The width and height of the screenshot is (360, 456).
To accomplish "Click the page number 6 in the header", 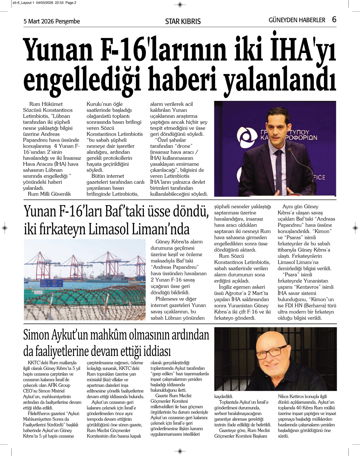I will (x=334, y=20).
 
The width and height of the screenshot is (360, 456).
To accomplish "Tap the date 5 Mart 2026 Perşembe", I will (x=52, y=21).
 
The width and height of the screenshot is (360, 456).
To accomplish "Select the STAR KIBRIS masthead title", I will (x=183, y=22).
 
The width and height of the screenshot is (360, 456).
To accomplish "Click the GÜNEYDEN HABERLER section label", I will (x=297, y=20).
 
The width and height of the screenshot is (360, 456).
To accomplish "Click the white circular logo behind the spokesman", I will (x=247, y=136).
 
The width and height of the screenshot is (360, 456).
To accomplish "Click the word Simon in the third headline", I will (x=36, y=335).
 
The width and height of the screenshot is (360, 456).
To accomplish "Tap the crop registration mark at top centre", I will (x=180, y=5).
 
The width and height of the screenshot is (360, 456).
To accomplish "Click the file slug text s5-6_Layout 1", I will (x=22, y=3).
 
